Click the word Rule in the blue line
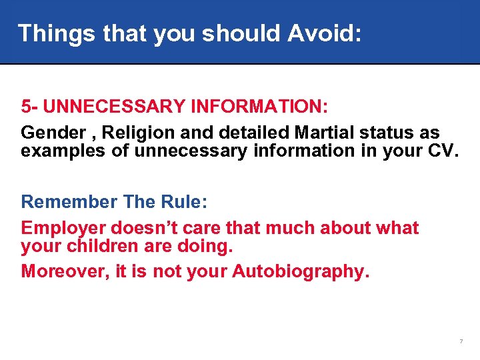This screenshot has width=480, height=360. [175, 201]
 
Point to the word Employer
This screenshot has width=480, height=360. [63, 228]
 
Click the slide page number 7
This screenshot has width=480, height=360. [461, 342]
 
